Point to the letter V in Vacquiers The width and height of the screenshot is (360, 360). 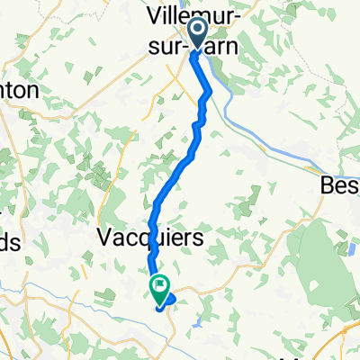pos(101,238)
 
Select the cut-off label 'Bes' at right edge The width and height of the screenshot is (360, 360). pos(340,186)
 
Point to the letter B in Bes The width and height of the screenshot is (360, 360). pos(328,186)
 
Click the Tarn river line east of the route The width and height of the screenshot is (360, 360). pos(270,144)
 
